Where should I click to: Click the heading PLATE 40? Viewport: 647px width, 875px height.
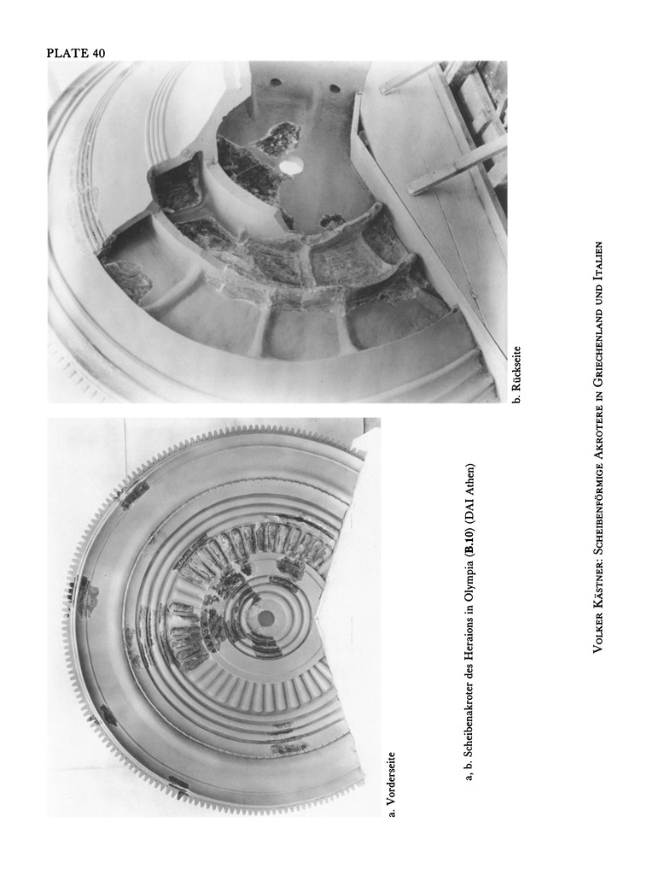[x=76, y=53]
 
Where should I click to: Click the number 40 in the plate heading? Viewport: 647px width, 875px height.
[x=96, y=53]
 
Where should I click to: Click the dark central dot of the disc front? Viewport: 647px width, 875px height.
[x=265, y=618]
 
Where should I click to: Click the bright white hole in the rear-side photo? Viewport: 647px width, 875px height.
[x=291, y=164]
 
